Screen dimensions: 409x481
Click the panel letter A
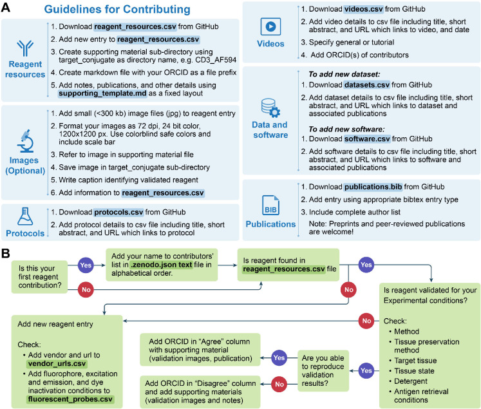[7, 8]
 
